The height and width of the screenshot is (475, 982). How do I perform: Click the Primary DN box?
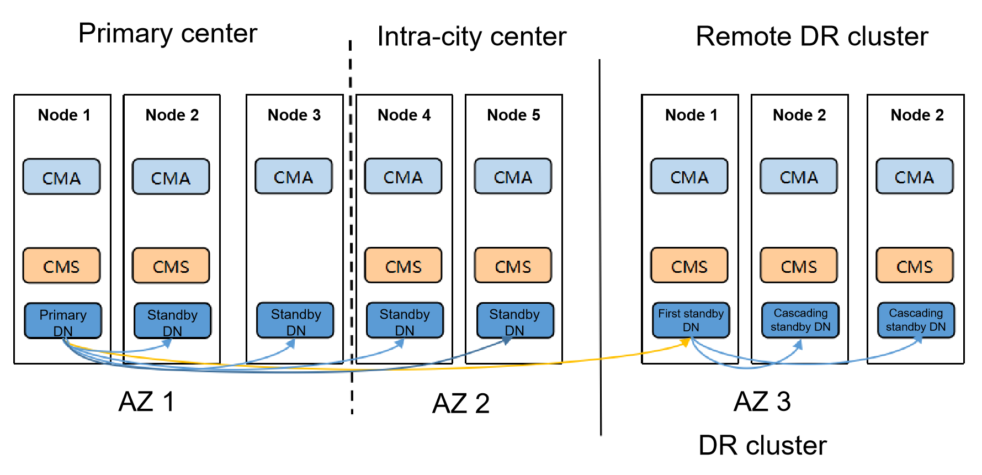tap(63, 320)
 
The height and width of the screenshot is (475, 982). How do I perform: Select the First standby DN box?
tap(691, 320)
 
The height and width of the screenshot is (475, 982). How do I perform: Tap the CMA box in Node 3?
tap(293, 177)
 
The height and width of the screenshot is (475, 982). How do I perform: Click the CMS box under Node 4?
tap(403, 266)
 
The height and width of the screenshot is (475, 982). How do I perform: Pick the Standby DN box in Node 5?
tap(514, 320)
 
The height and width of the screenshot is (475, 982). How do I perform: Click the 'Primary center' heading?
tap(168, 33)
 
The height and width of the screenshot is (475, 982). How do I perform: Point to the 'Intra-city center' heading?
tap(471, 36)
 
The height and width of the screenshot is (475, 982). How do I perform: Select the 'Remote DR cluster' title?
tap(811, 36)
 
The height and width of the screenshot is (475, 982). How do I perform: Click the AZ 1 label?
tap(147, 402)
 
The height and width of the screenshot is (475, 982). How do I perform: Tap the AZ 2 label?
tap(461, 403)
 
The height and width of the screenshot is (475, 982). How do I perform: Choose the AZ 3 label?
tap(762, 402)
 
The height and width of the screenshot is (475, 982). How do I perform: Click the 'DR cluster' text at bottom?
tap(762, 445)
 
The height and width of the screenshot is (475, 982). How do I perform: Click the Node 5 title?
tap(513, 115)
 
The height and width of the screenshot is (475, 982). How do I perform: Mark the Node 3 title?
tap(294, 115)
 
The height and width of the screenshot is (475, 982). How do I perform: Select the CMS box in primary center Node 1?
tap(61, 266)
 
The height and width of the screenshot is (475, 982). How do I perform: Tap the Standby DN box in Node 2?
tap(172, 320)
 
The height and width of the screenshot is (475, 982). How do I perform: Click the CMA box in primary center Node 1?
tap(61, 177)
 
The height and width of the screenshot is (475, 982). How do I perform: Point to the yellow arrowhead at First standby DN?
tap(686, 343)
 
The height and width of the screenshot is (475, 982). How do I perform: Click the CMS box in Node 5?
tap(513, 266)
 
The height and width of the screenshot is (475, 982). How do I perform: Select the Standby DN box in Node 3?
tap(295, 320)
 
